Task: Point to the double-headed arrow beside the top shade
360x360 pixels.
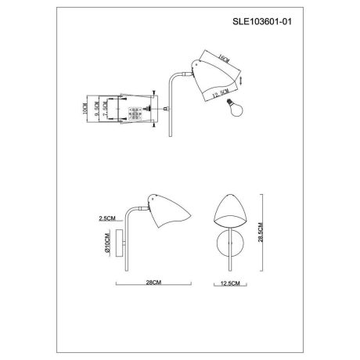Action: point(242,79)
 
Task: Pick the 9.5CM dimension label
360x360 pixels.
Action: point(96,108)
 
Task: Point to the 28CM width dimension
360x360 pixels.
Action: point(153,283)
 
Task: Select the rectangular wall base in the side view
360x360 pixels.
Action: point(120,243)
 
